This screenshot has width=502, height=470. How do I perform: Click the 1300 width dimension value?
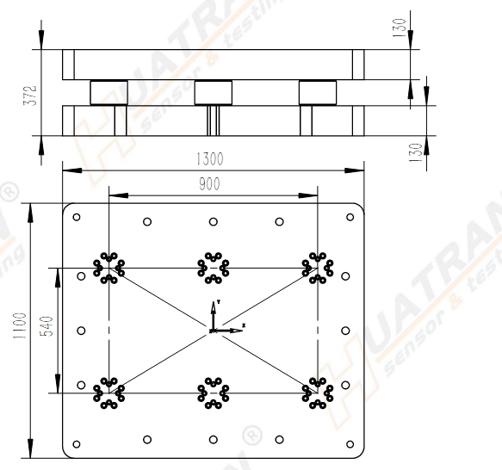coord(209,159)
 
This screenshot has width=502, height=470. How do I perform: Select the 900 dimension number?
coord(209,183)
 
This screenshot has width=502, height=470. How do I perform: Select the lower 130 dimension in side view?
coord(417,152)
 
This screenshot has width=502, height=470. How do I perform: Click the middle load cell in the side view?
coord(214,92)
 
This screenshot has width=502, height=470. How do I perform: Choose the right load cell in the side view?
coord(318,92)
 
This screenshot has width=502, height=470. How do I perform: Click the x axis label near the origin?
coord(244,325)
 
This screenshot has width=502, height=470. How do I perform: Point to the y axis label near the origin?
coord(220,302)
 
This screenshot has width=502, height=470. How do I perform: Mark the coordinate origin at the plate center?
coord(213,330)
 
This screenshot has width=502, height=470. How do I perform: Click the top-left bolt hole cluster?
coord(108,267)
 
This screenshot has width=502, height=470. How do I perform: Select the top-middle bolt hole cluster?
coord(213,267)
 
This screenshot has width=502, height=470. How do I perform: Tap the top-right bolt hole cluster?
coord(318,267)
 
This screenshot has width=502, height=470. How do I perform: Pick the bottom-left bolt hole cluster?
coord(108,393)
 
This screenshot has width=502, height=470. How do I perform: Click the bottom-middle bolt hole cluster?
coord(213,393)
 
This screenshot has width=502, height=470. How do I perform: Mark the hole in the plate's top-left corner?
coord(77,217)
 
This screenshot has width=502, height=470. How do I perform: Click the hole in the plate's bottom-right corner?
coord(350,444)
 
